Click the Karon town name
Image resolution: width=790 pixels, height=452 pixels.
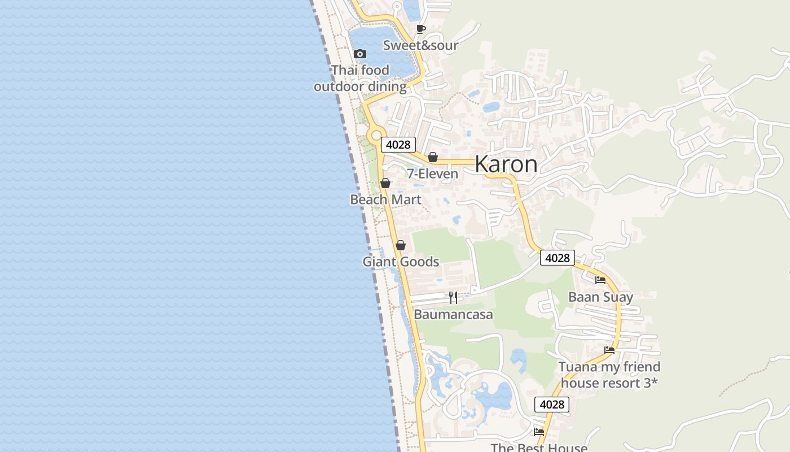506,164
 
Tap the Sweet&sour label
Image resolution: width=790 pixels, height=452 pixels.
420,45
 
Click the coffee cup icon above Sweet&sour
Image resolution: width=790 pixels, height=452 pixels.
420,29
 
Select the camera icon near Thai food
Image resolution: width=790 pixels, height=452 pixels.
360,54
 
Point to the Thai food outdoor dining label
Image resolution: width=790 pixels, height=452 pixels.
360,79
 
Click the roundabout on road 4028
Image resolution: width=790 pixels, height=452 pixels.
376,136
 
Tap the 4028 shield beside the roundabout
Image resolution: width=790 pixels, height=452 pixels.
398,145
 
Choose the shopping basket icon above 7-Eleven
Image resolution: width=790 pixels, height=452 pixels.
433,157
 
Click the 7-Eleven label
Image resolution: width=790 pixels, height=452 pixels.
433,173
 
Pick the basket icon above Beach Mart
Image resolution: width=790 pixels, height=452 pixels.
385,183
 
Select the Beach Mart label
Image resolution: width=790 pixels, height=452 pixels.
385,199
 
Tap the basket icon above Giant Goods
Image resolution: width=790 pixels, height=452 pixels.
401,245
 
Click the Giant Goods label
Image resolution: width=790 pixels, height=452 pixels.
401,262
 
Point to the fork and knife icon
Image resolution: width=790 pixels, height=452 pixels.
453,298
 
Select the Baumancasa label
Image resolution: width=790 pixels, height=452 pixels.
453,314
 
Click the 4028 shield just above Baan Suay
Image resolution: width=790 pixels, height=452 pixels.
557,258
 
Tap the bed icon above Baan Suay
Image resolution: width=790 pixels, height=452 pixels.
600,280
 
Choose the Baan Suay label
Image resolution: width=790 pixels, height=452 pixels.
600,297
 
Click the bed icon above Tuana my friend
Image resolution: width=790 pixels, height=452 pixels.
609,350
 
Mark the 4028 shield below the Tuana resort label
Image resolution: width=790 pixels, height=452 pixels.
551,405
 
